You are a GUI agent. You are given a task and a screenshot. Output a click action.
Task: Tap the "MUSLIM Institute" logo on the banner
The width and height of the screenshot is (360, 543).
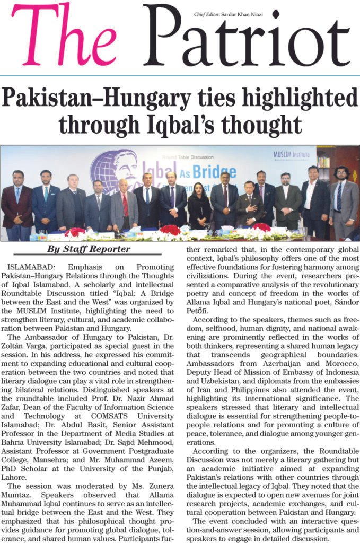(x=293, y=155)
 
